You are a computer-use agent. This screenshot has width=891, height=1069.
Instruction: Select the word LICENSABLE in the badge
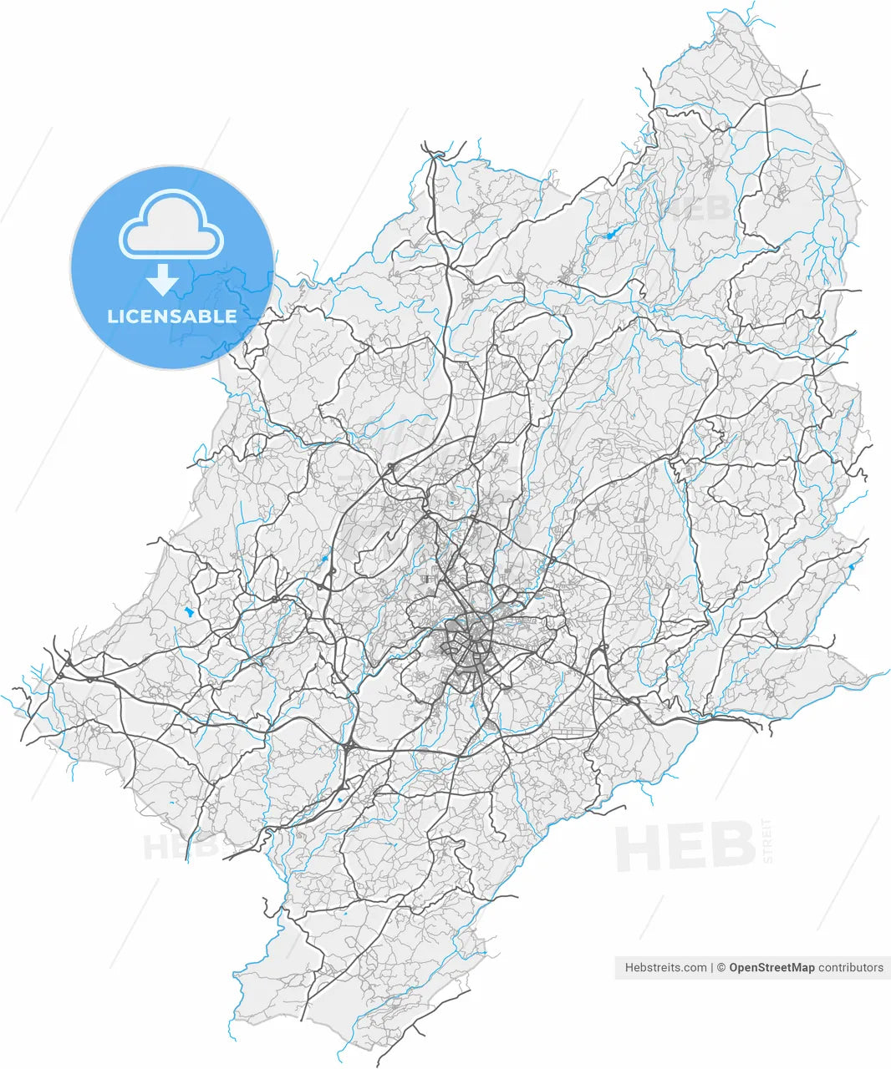pos(171,317)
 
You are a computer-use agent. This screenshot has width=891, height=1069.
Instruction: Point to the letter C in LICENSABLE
pos(135,317)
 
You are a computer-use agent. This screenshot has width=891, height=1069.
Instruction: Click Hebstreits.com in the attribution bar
pos(665,968)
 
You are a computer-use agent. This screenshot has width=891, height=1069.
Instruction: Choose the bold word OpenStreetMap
pos(771,968)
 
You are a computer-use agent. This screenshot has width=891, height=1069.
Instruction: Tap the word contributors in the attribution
pos(850,968)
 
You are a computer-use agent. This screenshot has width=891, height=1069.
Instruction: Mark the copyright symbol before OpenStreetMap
pos(722,968)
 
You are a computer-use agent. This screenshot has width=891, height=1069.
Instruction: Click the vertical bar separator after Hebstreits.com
pos(712,968)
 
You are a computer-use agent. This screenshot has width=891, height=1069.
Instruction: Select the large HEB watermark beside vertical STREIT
pos(685,846)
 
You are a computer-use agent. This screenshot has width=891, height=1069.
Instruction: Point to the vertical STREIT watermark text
pos(767,843)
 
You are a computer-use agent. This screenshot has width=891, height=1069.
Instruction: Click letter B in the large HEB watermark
pos(729,846)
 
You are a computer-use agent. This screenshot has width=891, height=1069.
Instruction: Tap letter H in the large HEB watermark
pos(640,848)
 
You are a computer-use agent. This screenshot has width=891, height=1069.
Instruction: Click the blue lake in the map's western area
pos(189,611)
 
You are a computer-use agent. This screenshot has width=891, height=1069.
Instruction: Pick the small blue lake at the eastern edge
pos(852,567)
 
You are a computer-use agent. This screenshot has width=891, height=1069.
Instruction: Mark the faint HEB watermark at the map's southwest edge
pos(180,847)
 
